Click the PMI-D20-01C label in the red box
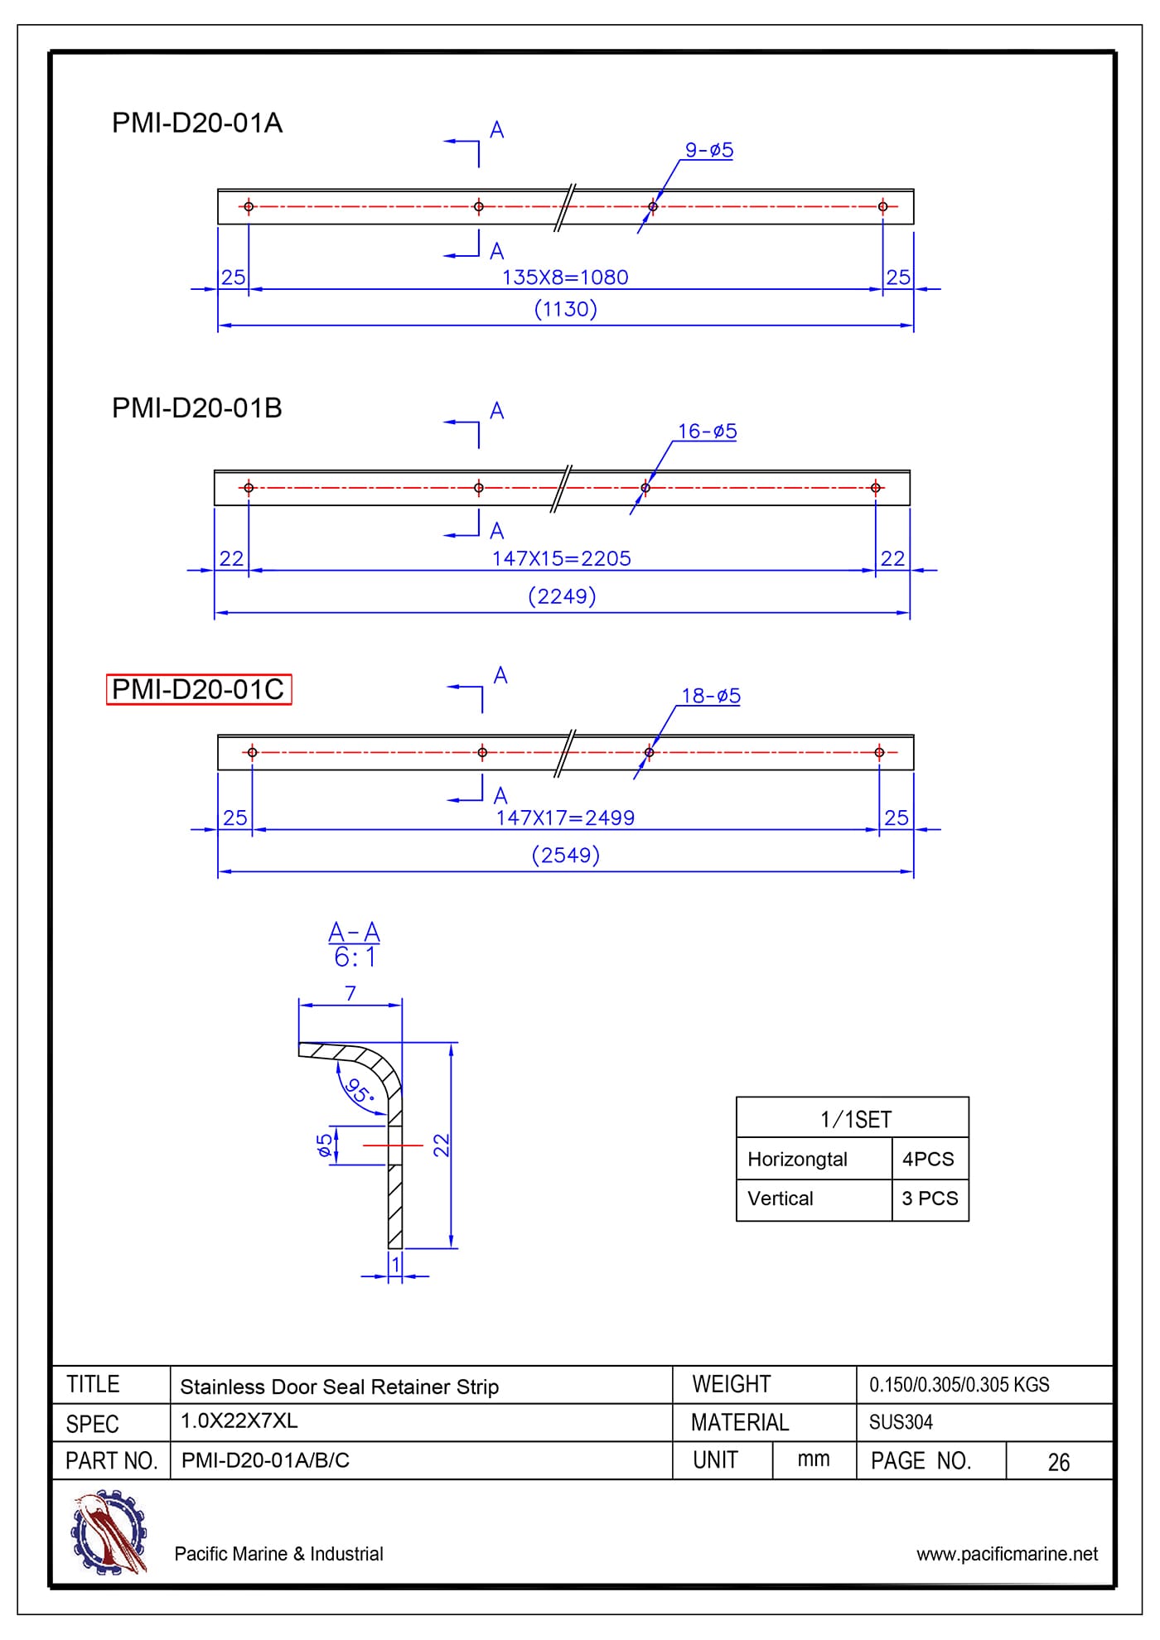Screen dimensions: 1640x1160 [x=198, y=689]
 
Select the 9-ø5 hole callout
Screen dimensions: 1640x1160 [x=708, y=150]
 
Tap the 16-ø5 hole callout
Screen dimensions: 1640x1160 [x=707, y=432]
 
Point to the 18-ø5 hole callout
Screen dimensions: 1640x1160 [x=710, y=696]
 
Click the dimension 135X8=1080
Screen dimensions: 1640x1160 [x=565, y=277]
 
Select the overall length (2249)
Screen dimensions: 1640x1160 [x=562, y=596]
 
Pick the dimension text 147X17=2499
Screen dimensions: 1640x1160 [x=565, y=818]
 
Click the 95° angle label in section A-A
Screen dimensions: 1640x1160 [x=360, y=1090]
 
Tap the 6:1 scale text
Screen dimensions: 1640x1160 [x=355, y=958]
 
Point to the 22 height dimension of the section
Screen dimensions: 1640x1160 [x=442, y=1145]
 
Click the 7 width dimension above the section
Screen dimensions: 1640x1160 [x=350, y=993]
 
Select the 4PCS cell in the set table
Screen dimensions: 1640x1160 [x=928, y=1159]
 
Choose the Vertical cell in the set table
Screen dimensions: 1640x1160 [x=780, y=1199]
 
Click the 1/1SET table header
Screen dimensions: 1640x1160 [x=855, y=1120]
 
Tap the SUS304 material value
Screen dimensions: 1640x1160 [x=901, y=1422]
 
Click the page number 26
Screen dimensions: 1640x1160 [x=1058, y=1463]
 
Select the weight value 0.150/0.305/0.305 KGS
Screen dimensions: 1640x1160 [x=959, y=1385]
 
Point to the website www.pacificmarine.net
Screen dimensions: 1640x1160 [x=1007, y=1554]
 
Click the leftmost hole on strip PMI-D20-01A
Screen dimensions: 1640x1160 [x=249, y=206]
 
